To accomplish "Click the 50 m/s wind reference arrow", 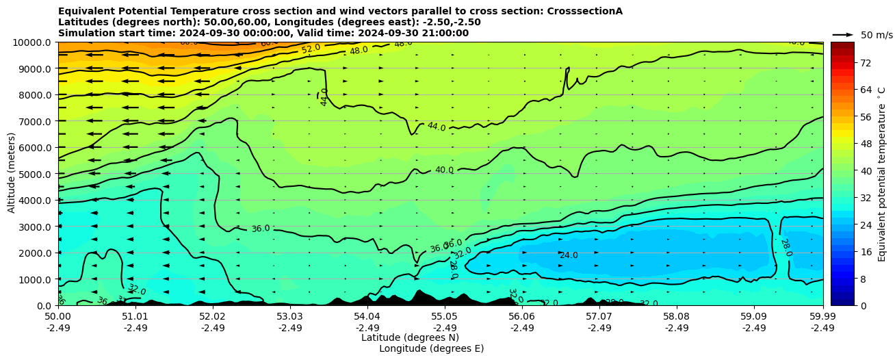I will pyautogui.click(x=843, y=35).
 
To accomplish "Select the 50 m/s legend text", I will pyautogui.click(x=877, y=35).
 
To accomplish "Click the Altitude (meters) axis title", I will pyautogui.click(x=12, y=174).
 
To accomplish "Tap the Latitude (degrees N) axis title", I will pyautogui.click(x=410, y=337).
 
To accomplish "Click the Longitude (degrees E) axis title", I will pyautogui.click(x=431, y=348).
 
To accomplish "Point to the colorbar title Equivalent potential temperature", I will pyautogui.click(x=882, y=174).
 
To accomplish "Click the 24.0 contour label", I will pyautogui.click(x=569, y=255).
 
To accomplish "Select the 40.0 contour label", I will pyautogui.click(x=444, y=170).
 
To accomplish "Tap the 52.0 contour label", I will pyautogui.click(x=311, y=49).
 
